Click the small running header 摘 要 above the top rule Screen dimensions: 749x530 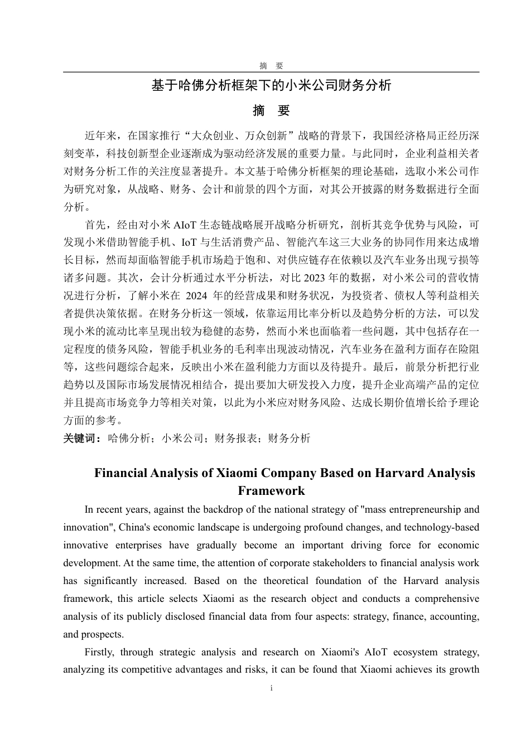pos(271,66)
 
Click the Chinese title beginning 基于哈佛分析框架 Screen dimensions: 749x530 pos(271,85)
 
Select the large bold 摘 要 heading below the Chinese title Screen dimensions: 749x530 pos(271,111)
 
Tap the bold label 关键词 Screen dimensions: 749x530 pos(79,438)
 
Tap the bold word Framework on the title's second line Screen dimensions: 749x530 pos(271,491)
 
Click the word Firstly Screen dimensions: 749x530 pos(99,652)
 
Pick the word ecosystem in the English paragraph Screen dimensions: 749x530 pos(415,652)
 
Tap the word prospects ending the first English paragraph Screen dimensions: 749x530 pos(101,634)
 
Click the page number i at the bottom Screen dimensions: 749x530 pos(271,688)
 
